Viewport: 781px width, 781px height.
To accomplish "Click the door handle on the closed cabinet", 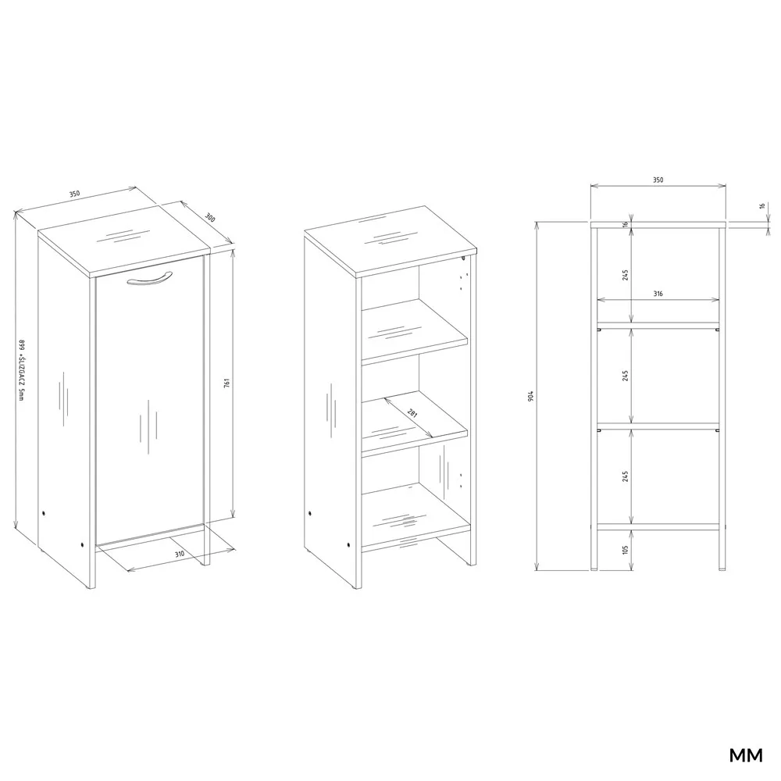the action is (x=149, y=280).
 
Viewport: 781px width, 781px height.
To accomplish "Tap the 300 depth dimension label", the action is (x=210, y=218).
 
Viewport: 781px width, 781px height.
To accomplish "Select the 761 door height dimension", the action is (x=226, y=383).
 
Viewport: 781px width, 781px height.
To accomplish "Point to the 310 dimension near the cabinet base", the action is (x=180, y=554).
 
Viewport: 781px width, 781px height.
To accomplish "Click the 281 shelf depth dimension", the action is (x=412, y=412).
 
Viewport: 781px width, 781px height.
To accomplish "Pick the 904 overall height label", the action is (x=531, y=397).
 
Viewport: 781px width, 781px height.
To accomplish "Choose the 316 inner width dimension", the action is (x=658, y=294).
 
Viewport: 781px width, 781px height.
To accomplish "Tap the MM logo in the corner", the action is (x=746, y=755).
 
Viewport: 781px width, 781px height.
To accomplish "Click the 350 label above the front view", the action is (x=658, y=180).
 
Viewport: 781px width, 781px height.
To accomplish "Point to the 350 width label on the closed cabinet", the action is (x=74, y=194).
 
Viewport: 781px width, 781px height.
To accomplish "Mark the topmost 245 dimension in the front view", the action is (x=626, y=275).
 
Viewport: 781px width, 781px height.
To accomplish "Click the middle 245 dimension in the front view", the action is (x=626, y=375).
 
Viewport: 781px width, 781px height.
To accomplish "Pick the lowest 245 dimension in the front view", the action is (x=626, y=476).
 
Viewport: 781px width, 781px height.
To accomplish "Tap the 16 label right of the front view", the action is (x=761, y=205).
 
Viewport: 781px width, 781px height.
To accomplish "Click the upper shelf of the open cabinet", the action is (x=415, y=331).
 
